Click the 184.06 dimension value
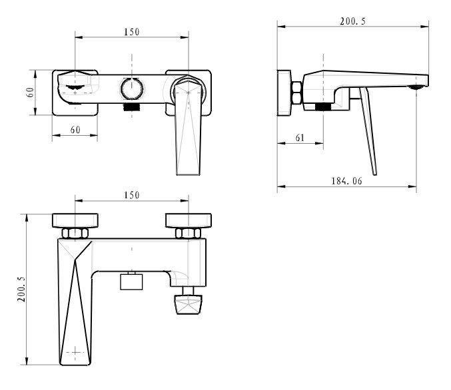[x=346, y=181]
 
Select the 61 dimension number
[x=300, y=138]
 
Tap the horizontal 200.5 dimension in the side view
[x=352, y=21]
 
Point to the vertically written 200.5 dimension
[x=21, y=290]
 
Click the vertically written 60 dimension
[x=30, y=93]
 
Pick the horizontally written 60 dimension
[x=75, y=130]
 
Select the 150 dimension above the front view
[x=132, y=32]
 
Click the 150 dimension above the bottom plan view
[x=132, y=196]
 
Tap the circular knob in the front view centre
[x=132, y=89]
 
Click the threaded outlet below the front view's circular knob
[x=132, y=107]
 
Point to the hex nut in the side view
[x=296, y=93]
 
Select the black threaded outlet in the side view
[x=322, y=107]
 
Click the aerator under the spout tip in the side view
[x=416, y=87]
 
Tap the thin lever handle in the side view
[x=368, y=131]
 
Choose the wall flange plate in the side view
[x=284, y=93]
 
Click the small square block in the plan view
[x=131, y=282]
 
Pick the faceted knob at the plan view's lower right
[x=188, y=304]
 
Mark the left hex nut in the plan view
[x=75, y=233]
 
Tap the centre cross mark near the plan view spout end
[x=75, y=352]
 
